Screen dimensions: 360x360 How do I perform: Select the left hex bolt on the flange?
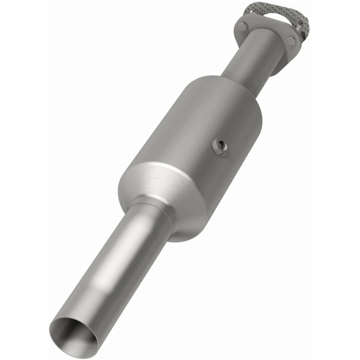(243, 26)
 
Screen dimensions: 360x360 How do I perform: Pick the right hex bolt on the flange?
(291, 40)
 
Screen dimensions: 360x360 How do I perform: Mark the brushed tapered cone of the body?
(157, 184)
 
